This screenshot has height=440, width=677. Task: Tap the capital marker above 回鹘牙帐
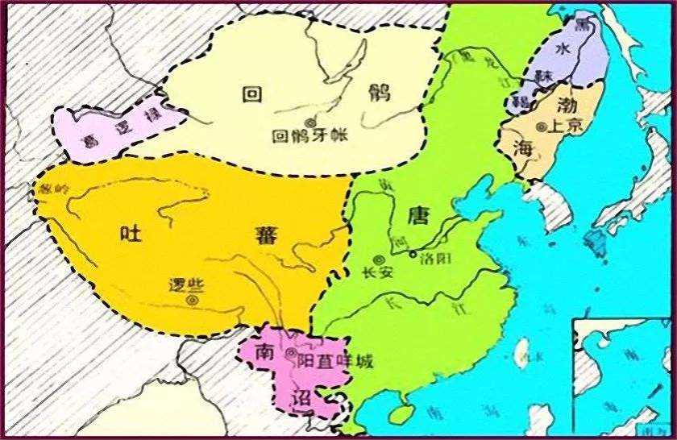tap(310, 121)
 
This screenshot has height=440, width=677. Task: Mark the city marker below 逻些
tap(192, 300)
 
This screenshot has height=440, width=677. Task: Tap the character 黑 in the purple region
tap(581, 24)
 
